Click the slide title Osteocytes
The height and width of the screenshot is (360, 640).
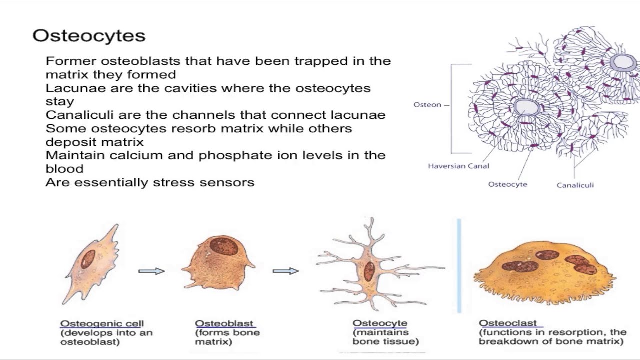[89, 36]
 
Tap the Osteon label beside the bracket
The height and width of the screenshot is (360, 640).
[427, 105]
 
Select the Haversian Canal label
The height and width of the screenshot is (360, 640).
[458, 166]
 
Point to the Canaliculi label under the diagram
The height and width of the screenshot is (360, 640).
[575, 185]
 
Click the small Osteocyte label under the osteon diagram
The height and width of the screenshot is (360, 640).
[507, 184]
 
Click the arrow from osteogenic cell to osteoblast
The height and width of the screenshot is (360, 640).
[151, 271]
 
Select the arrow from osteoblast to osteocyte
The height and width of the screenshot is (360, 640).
[285, 271]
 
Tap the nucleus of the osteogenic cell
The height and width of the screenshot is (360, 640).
[88, 259]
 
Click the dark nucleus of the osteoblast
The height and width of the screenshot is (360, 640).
[224, 246]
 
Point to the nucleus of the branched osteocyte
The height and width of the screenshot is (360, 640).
[369, 271]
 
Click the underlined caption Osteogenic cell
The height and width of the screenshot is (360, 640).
[102, 323]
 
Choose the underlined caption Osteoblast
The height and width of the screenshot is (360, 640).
[224, 323]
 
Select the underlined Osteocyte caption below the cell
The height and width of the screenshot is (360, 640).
[380, 323]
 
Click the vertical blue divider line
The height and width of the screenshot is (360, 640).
[459, 265]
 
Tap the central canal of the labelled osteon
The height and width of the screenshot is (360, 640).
[526, 107]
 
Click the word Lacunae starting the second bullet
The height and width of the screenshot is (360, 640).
[75, 88]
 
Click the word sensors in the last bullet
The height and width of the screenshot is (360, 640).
[227, 183]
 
